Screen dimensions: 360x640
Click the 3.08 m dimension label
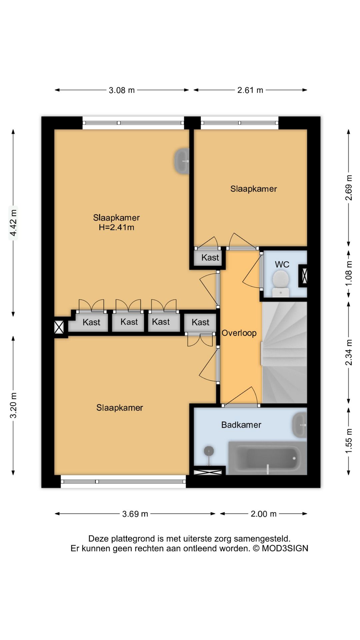click(x=122, y=90)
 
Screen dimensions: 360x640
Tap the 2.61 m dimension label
click(x=250, y=90)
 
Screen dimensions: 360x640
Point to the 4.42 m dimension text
click(x=13, y=223)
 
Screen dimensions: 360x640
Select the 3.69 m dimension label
click(x=135, y=514)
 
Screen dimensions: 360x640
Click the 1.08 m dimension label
click(x=349, y=273)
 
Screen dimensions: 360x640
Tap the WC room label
click(x=282, y=265)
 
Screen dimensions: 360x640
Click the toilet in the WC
click(x=281, y=283)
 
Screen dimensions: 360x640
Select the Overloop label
click(x=239, y=333)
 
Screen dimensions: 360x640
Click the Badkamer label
click(x=241, y=425)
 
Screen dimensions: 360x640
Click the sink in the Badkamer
click(x=299, y=425)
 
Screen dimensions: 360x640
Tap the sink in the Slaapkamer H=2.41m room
click(x=182, y=161)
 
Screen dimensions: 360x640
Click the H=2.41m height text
click(x=116, y=227)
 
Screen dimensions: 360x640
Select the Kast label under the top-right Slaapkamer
click(x=210, y=257)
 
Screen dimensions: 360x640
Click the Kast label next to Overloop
click(x=200, y=322)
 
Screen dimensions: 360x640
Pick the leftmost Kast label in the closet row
click(x=91, y=322)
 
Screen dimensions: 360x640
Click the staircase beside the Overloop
click(x=284, y=352)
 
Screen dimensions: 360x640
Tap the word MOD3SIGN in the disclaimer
click(x=285, y=548)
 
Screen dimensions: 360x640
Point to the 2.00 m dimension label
click(x=264, y=514)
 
